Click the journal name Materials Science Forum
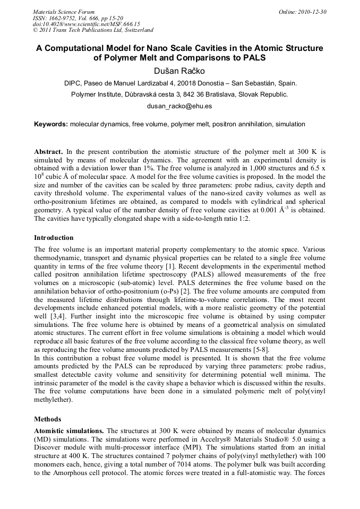64,12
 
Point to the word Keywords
50,124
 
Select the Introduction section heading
54,237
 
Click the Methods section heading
48,419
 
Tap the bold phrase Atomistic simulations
69,430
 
